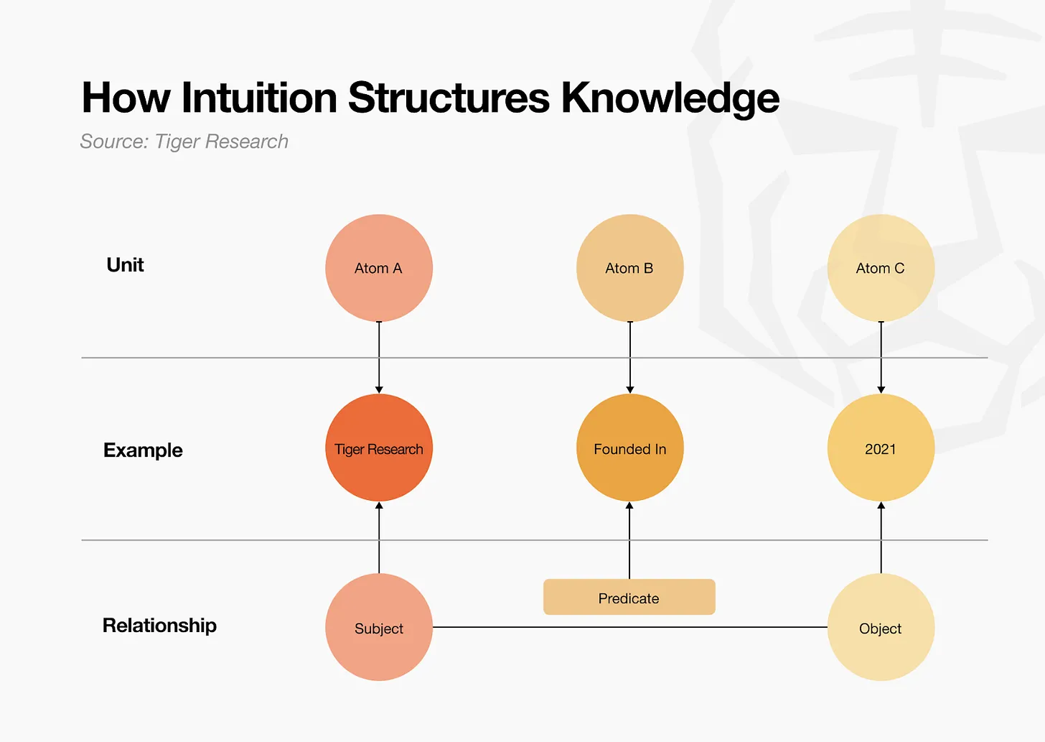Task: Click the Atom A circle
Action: pos(379,268)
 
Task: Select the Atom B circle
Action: pos(629,268)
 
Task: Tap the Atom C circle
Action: pos(881,268)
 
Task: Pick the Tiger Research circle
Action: pos(379,447)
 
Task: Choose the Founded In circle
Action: pos(629,447)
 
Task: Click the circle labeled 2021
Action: pos(881,447)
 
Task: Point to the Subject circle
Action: pos(379,627)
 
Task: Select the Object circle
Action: pos(881,627)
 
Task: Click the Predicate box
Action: pos(629,597)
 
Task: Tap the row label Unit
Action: pos(125,265)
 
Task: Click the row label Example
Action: pos(143,450)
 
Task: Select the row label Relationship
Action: pos(159,626)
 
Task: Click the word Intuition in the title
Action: pos(259,98)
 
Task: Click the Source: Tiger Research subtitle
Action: pos(184,142)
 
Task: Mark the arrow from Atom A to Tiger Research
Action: pos(379,357)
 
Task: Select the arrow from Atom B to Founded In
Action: pos(630,357)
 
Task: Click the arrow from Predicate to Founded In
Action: pos(629,540)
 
